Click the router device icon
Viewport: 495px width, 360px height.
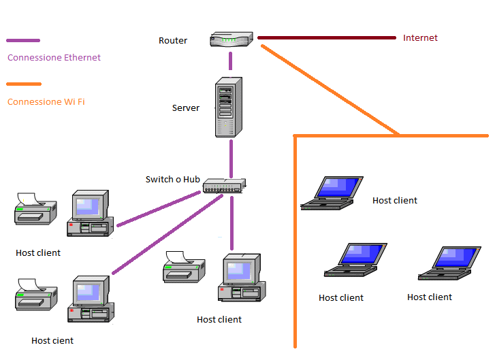(231, 39)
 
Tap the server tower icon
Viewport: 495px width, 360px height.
(229, 108)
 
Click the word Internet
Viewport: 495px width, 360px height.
(420, 38)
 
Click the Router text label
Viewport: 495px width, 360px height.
(173, 41)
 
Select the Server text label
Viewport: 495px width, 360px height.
(186, 108)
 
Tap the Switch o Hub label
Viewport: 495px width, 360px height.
(173, 180)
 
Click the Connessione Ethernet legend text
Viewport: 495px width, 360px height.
(54, 58)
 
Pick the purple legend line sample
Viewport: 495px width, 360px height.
(22, 41)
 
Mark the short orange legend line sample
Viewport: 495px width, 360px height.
(23, 84)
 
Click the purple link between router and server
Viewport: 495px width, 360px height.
(231, 61)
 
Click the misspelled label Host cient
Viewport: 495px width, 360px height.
(52, 340)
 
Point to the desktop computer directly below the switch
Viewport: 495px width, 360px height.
(239, 278)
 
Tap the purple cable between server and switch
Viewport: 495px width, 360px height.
(231, 159)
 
